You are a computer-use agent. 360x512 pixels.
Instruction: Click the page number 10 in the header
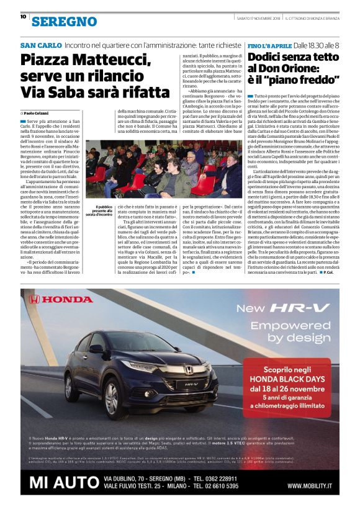pos(23,17)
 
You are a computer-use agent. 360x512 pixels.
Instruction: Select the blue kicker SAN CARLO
pos(41,46)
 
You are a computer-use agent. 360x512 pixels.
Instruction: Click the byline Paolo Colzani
pos(38,112)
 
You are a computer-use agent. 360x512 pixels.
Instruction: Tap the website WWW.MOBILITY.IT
pos(308,486)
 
